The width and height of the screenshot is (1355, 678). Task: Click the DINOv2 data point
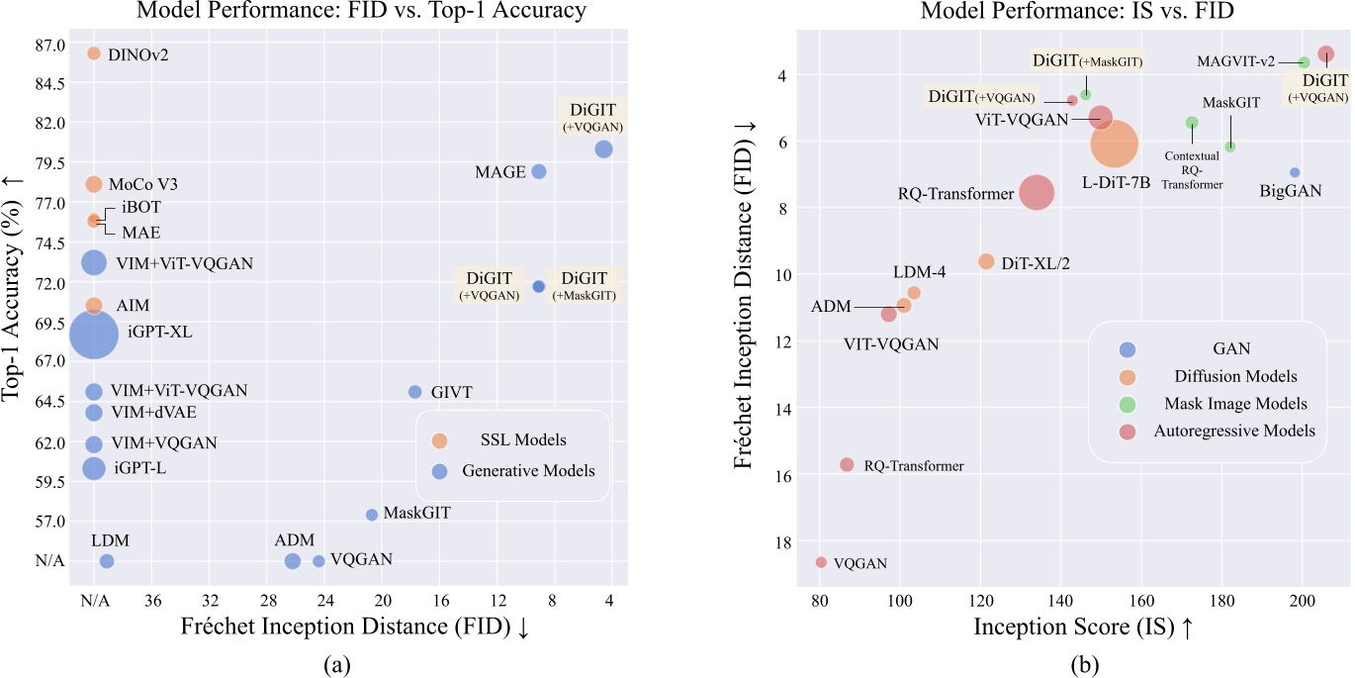(94, 53)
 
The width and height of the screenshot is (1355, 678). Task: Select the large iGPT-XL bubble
(94, 335)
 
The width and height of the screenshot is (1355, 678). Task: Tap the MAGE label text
(499, 172)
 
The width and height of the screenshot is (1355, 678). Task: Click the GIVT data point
(415, 392)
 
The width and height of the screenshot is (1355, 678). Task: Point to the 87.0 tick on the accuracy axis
(50, 45)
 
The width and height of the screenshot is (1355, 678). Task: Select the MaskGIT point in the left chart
(372, 515)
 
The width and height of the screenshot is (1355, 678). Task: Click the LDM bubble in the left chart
(107, 561)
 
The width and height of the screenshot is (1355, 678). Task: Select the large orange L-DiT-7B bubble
(1115, 145)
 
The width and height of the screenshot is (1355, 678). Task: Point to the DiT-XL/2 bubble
(986, 261)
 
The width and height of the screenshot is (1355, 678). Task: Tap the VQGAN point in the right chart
(821, 562)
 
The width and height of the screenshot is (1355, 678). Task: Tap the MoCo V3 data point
(94, 184)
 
